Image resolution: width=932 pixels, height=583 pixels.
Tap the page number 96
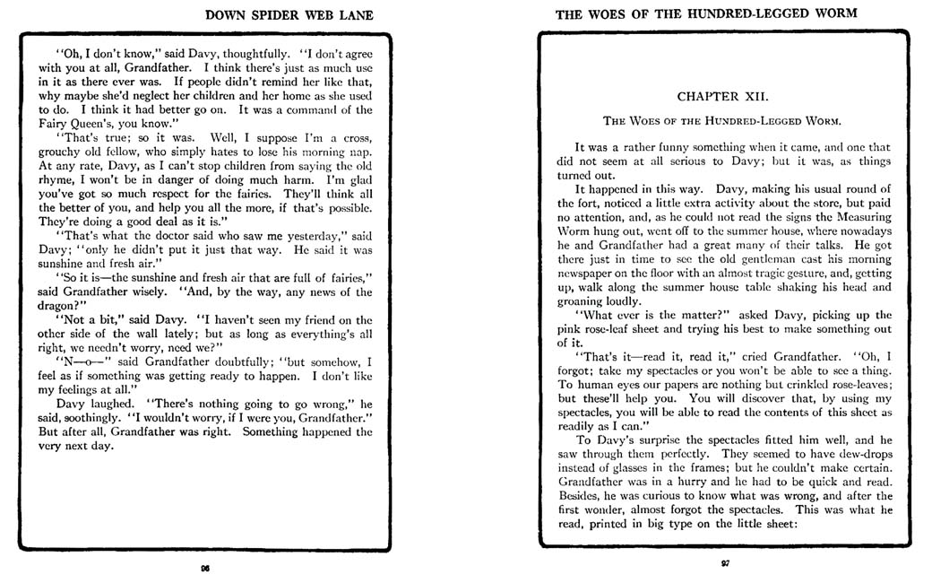coord(205,567)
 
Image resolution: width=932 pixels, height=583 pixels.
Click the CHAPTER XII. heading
coord(722,94)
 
